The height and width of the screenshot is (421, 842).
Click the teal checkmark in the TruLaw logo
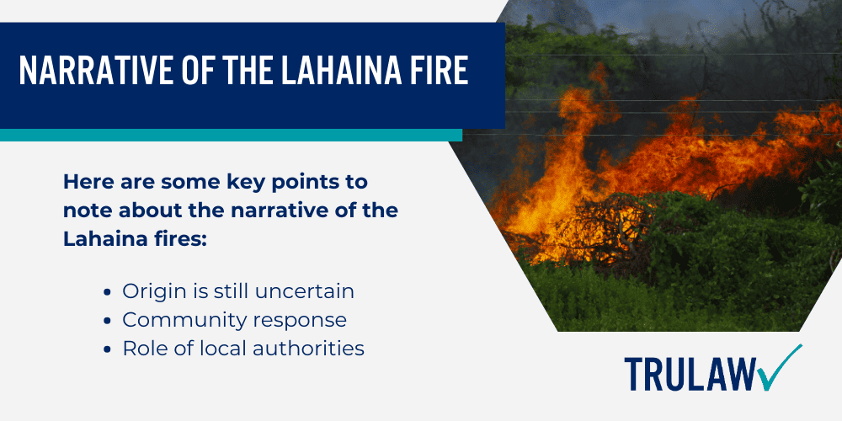tap(782, 368)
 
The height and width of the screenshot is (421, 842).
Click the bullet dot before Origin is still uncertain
tap(109, 292)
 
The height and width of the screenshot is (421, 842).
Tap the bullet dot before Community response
tap(109, 321)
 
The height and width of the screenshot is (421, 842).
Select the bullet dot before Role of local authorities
tap(109, 349)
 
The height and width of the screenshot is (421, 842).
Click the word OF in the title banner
tap(184, 72)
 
